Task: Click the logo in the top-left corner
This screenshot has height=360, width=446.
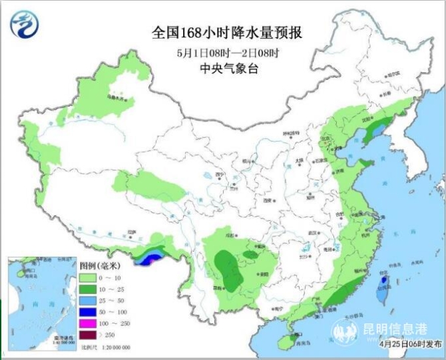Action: [24, 24]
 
